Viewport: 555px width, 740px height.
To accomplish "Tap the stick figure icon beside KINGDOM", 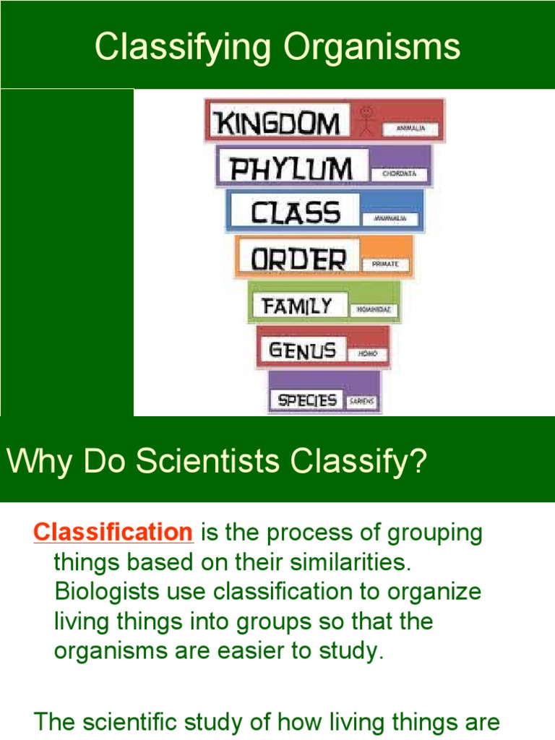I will [x=367, y=120].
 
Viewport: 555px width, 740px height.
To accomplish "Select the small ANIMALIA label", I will [x=410, y=129].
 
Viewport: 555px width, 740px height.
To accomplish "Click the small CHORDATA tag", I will [x=400, y=174].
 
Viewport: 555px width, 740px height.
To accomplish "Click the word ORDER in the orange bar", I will [x=298, y=258].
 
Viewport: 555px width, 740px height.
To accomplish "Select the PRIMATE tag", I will [x=385, y=264].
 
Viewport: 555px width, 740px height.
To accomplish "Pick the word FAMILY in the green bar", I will [x=298, y=306].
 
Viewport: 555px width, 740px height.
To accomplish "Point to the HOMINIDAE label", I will [x=374, y=310].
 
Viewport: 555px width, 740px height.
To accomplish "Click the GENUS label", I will [x=302, y=351].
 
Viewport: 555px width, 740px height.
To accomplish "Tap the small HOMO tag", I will [x=368, y=355].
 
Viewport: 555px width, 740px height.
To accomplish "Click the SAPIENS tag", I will [x=362, y=402].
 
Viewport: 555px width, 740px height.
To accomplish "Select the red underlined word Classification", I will [x=113, y=533].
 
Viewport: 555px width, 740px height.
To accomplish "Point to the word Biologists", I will [x=111, y=591].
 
